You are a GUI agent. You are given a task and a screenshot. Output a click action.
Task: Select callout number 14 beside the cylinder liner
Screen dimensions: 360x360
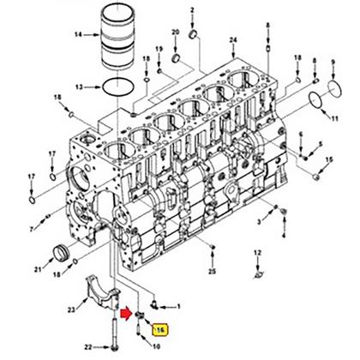click(x=78, y=35)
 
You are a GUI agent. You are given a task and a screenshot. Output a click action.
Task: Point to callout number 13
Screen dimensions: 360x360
click(x=78, y=87)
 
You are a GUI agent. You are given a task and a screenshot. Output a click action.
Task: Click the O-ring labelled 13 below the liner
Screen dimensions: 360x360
click(x=116, y=87)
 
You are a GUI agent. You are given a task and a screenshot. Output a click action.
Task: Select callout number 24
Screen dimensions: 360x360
click(x=233, y=40)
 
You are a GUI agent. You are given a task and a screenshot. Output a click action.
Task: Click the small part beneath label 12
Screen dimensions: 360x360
click(x=256, y=274)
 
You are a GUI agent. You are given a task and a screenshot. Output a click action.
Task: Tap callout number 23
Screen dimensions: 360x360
click(x=70, y=310)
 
